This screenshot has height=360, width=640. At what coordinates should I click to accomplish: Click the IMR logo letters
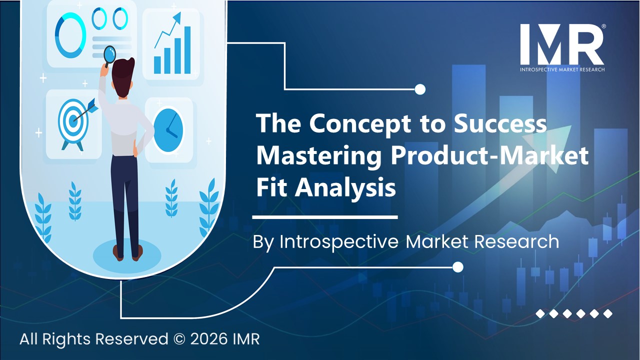(561, 44)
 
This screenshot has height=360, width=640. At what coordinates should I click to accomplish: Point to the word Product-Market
(489, 156)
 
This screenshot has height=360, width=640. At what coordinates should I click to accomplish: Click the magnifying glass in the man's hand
(109, 54)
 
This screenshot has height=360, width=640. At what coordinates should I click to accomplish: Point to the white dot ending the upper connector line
(420, 89)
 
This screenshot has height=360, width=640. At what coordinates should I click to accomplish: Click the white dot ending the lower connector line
(458, 267)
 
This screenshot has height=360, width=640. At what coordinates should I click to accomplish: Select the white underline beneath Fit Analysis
(325, 217)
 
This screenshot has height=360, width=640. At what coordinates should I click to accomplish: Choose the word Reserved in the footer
(131, 339)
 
